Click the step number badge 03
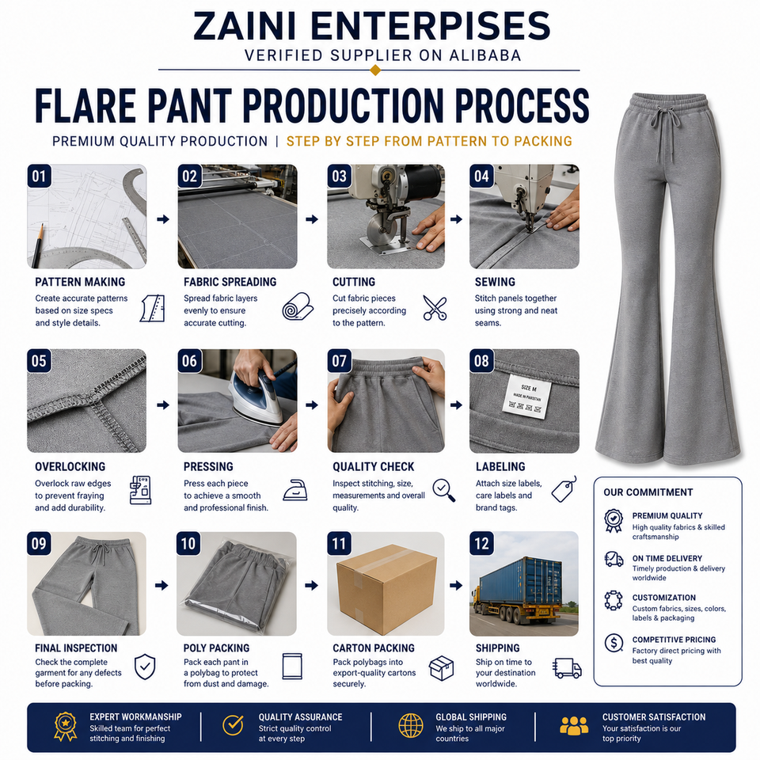[x=340, y=176]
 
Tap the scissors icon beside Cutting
[x=435, y=308]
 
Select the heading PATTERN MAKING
[x=80, y=282]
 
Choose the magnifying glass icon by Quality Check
[x=444, y=491]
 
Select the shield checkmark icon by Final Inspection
[x=145, y=667]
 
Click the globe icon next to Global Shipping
[x=411, y=726]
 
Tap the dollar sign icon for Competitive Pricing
[x=614, y=643]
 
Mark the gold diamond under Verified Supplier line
[x=375, y=70]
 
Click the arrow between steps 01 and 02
[x=163, y=219]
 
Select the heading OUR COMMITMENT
[x=648, y=492]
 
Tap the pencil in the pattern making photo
[x=37, y=245]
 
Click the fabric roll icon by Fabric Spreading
[x=298, y=306]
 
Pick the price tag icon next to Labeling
[x=564, y=489]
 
